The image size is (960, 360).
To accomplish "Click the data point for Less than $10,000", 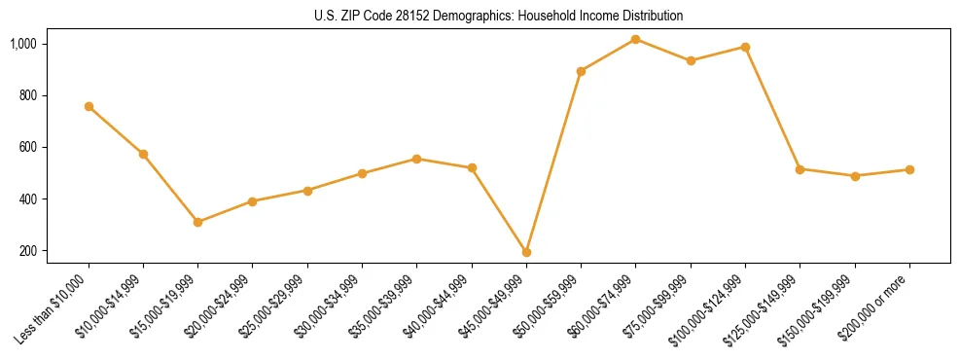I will click(x=89, y=106).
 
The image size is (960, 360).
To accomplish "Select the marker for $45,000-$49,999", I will click(x=526, y=252).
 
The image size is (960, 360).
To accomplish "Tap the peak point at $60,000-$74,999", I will click(x=635, y=39).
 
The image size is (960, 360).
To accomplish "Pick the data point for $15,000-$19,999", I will click(x=197, y=222).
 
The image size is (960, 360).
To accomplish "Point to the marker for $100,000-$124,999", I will click(x=745, y=47).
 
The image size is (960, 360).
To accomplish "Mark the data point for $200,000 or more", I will click(x=909, y=169).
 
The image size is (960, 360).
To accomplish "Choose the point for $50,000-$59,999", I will click(x=581, y=71).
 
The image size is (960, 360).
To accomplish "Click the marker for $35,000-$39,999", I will click(x=416, y=159).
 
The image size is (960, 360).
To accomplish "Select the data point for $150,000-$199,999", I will click(x=855, y=176).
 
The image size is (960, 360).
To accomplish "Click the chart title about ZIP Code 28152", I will click(x=499, y=16).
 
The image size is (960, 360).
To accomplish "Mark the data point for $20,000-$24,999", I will click(x=252, y=201).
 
